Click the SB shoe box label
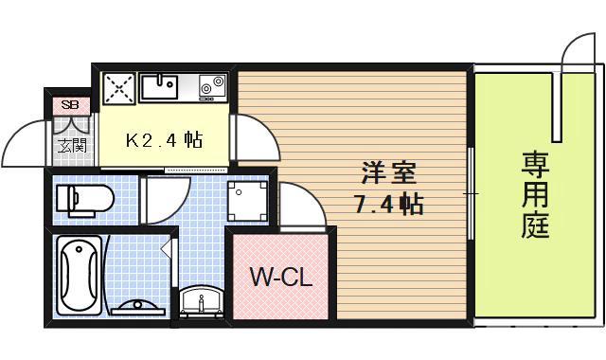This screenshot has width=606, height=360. [x=69, y=104]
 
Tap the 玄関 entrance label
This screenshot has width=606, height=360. [x=70, y=146]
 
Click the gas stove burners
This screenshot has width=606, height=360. [x=210, y=88]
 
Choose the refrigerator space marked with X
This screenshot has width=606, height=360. [x=118, y=87]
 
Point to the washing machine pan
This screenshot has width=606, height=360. [x=248, y=198]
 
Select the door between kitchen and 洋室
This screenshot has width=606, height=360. [x=254, y=137]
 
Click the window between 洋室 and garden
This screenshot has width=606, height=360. [x=471, y=193]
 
